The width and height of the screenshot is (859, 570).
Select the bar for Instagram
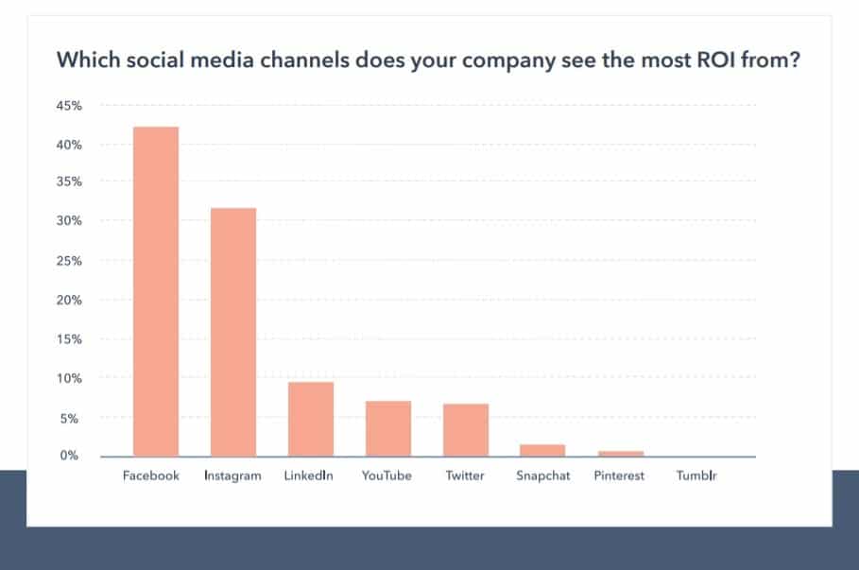pyautogui.click(x=233, y=332)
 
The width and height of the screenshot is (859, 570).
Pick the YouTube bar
pyautogui.click(x=387, y=428)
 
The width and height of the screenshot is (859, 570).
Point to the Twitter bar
pyautogui.click(x=465, y=430)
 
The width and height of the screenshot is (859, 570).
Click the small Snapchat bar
pyautogui.click(x=542, y=451)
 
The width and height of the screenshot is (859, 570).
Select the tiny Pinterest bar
pyautogui.click(x=620, y=454)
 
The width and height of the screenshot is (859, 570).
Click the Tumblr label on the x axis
pyautogui.click(x=696, y=475)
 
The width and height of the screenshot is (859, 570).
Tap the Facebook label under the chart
pyautogui.click(x=151, y=475)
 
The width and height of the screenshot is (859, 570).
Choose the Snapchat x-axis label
pyautogui.click(x=542, y=475)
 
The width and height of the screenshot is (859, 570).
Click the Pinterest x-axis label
pyautogui.click(x=620, y=475)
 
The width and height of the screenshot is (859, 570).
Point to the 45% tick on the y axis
pyautogui.click(x=70, y=106)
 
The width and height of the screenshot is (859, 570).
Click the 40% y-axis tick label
pyautogui.click(x=70, y=145)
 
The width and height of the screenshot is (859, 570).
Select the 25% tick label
pyautogui.click(x=70, y=261)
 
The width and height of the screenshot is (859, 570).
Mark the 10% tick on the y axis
pyautogui.click(x=70, y=378)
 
